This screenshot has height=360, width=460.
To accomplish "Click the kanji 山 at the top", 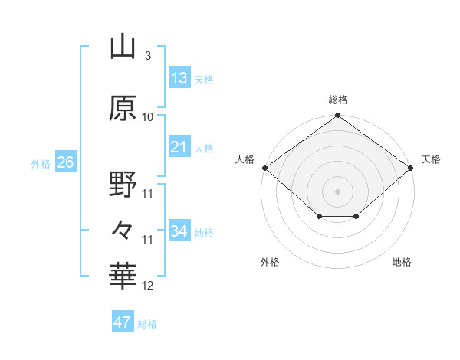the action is coord(123,46).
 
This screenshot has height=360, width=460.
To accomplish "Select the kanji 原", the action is coord(123,108).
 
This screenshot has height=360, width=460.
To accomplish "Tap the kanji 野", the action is coord(123,184).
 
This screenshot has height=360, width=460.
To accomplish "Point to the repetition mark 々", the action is coord(122,230).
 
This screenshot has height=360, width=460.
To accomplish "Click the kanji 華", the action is coord(123,276).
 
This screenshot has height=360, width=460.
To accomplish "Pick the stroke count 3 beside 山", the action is coord(148,55).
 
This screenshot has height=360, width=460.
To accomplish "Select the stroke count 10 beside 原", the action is coord(147,117).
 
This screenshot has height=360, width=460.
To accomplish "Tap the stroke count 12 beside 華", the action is coord(147,285).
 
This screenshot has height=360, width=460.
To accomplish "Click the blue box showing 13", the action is coord(179,77).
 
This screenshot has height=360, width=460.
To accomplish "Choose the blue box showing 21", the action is coord(179,146).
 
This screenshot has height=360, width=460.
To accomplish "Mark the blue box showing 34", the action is coord(179,230).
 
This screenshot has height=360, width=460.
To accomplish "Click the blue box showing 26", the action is coord(66,162).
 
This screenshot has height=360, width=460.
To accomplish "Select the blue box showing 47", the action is coord(123,321).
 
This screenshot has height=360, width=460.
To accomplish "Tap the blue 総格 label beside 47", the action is coord(147,324).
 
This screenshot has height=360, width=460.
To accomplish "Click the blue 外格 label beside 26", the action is coord(41,164).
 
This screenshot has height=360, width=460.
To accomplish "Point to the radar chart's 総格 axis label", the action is coord(338,100).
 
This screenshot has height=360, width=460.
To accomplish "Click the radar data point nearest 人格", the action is coord(265,168).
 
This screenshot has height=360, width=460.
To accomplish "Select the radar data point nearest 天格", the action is coord(410,168).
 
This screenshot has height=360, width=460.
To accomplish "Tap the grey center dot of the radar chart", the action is coord(337,191).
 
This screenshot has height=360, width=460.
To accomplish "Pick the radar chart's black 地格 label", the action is coord(402,262).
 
